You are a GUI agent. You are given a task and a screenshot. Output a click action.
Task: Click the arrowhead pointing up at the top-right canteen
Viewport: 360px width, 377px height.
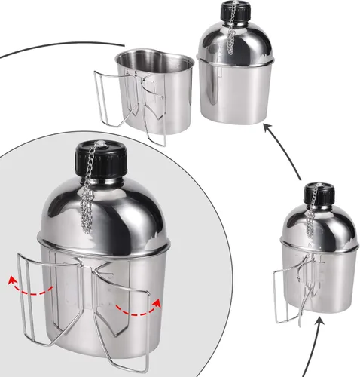pos(265,130)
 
